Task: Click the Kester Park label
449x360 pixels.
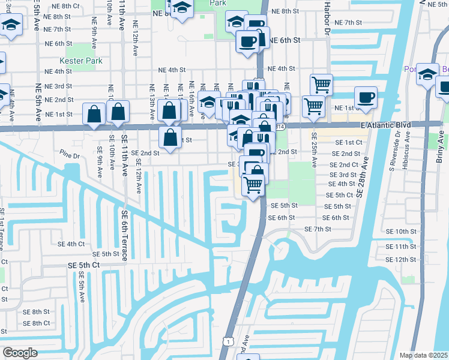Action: [x=80, y=61]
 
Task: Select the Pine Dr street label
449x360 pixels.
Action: [x=70, y=156]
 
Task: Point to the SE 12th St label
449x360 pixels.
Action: [x=402, y=259]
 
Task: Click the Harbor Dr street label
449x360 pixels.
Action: [x=328, y=20]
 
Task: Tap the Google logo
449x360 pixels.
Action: [x=20, y=352]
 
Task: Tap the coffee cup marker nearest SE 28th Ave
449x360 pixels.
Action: [x=366, y=97]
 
